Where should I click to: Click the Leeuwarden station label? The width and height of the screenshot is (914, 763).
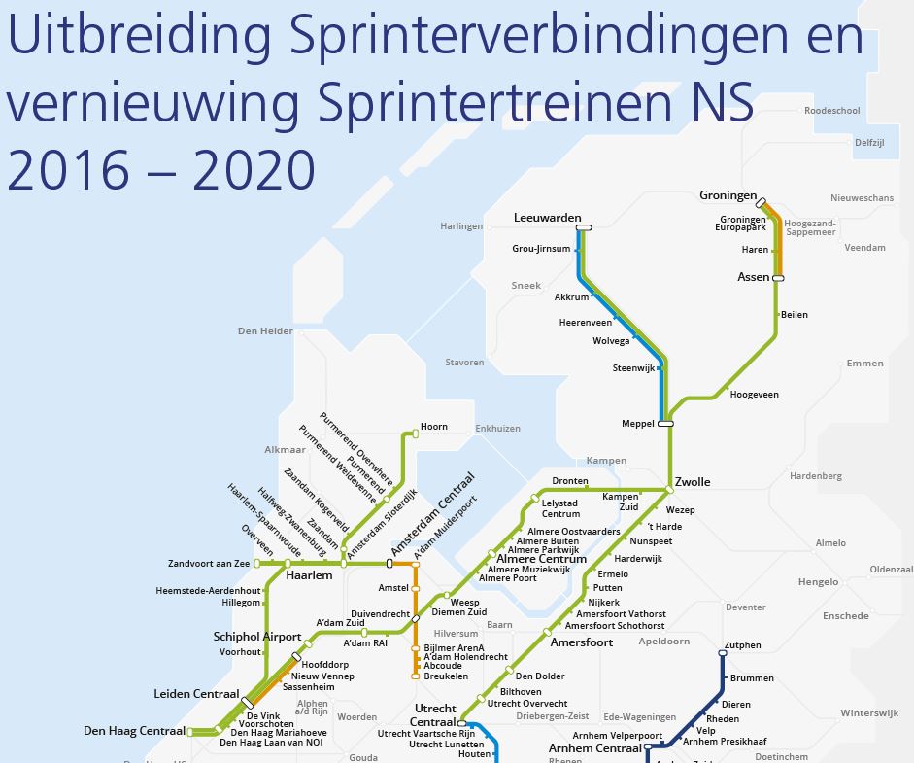547,218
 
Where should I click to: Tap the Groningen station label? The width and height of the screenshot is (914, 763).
728,195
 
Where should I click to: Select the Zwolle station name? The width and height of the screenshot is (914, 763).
694,482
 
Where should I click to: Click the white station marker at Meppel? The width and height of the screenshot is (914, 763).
665,423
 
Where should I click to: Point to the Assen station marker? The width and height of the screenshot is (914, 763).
777,278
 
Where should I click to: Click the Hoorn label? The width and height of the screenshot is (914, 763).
434,427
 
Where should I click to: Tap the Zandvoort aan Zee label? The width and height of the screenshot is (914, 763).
209,563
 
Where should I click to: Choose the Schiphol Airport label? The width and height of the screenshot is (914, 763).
257,637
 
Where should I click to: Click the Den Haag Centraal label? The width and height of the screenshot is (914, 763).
134,730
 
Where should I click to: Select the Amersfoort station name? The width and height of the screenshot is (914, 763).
581,642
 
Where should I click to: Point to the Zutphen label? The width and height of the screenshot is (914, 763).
742,645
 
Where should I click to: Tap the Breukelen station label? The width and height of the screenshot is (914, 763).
446,676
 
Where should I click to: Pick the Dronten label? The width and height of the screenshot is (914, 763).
570,481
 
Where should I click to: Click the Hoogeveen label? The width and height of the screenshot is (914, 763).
754,395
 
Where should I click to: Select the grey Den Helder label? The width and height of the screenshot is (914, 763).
265,331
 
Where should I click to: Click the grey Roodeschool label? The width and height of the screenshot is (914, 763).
832,111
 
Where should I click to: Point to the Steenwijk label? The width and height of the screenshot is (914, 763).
634,368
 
